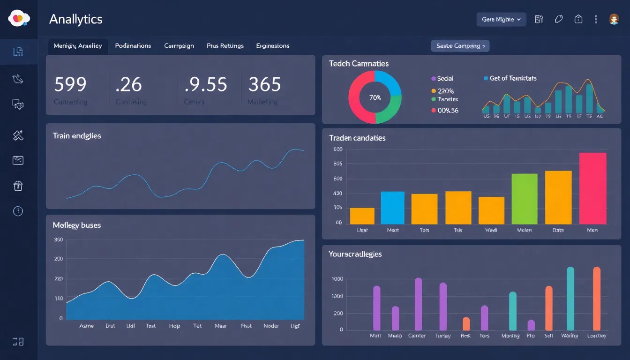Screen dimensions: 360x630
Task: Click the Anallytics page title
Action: (75, 19)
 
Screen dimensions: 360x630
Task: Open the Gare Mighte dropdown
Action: (501, 19)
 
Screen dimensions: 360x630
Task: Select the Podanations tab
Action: (133, 46)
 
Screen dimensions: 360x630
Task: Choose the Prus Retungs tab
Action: (225, 46)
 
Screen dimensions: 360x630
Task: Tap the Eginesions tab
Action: (272, 46)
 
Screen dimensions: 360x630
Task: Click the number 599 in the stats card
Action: (70, 84)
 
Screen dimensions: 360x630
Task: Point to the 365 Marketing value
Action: (264, 84)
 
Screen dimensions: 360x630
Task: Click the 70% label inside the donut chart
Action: (375, 97)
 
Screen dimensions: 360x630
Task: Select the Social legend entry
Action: (445, 78)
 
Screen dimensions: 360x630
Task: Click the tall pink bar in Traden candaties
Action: (592, 188)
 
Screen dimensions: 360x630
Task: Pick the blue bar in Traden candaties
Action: (392, 208)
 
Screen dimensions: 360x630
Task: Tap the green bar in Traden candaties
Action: (524, 199)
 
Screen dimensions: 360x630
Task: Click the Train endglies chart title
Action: (77, 136)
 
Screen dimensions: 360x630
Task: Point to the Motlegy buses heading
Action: (77, 225)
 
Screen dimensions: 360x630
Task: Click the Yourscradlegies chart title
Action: (355, 254)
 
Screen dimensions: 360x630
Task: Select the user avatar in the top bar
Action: (614, 19)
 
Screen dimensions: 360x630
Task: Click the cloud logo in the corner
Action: (19, 18)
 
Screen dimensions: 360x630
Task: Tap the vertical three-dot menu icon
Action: (596, 19)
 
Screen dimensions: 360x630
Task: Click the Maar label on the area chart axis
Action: (221, 326)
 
